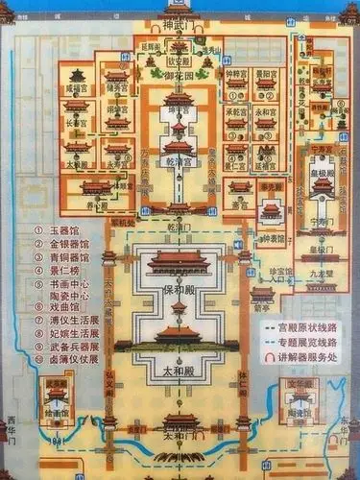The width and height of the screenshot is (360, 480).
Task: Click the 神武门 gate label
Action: pos(179,22)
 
